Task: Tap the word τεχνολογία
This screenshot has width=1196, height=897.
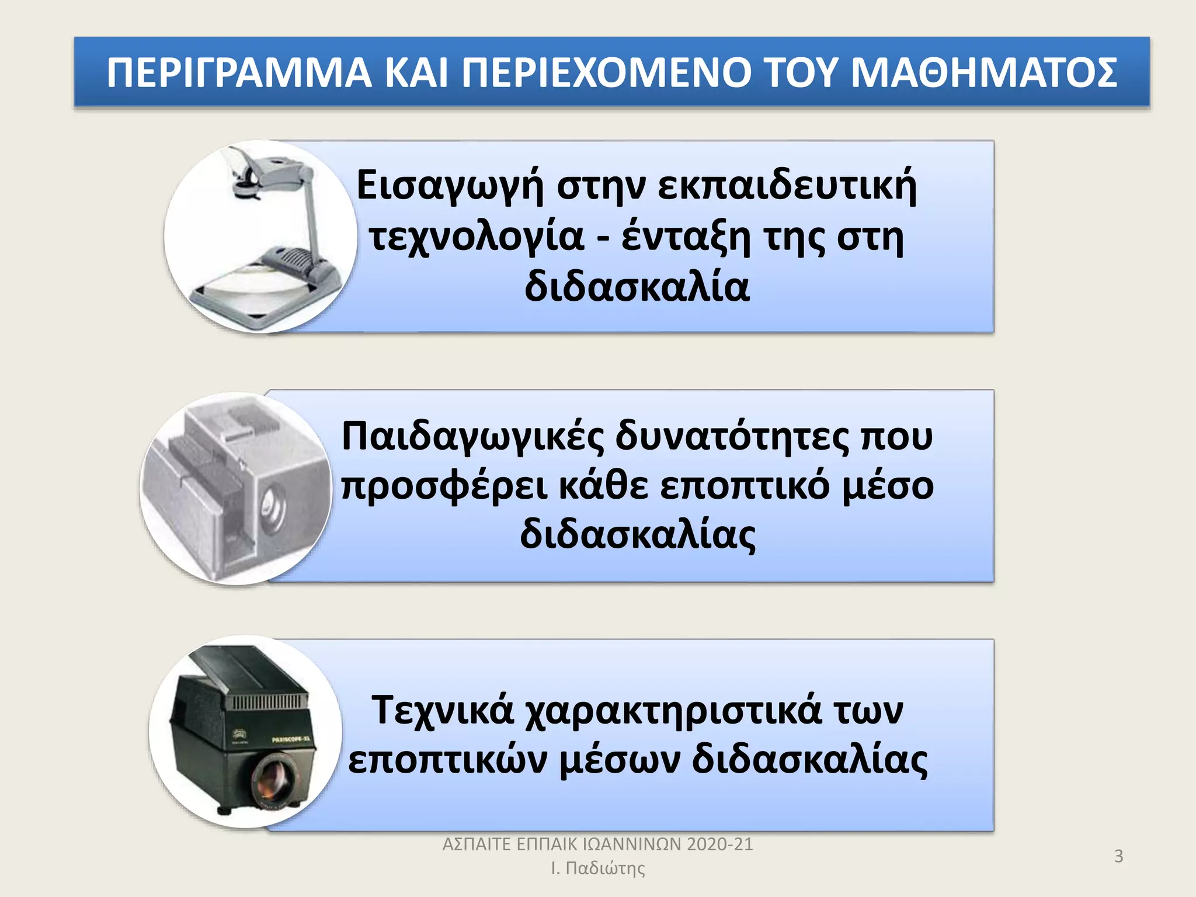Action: coord(476,237)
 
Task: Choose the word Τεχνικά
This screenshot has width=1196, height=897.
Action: coord(443,711)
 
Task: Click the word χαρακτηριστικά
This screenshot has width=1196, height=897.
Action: coord(673,711)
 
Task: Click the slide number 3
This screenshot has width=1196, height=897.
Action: coord(1118,856)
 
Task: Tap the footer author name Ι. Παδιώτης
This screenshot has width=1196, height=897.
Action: coord(598,868)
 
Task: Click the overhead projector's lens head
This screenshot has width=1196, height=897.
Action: coord(245,188)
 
